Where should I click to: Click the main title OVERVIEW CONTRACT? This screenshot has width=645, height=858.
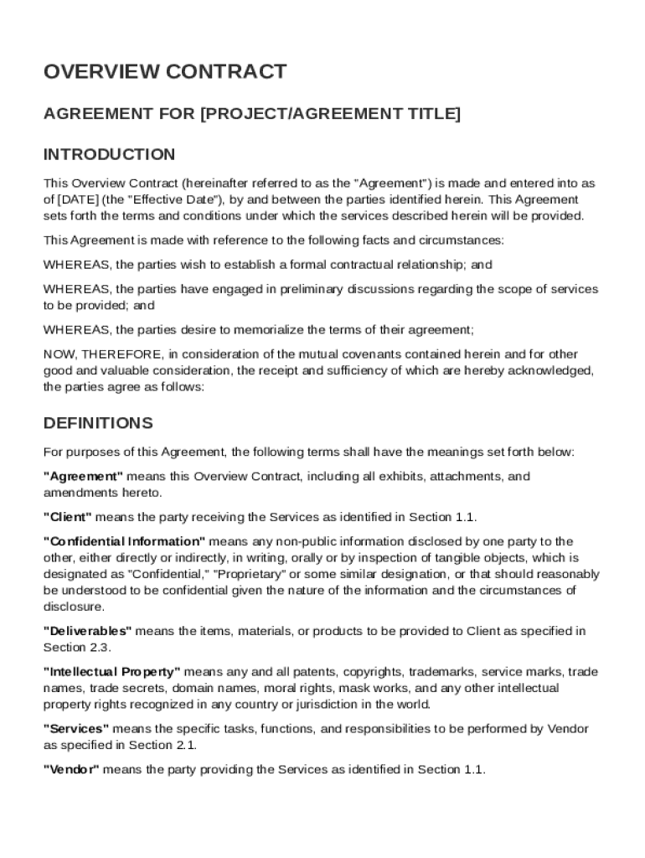(x=165, y=72)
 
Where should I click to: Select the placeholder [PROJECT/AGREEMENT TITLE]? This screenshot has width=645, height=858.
(x=330, y=113)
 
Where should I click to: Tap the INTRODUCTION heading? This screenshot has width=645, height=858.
(x=109, y=154)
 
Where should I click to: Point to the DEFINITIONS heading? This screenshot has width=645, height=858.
(x=98, y=422)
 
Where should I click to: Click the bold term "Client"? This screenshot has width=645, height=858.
(x=68, y=517)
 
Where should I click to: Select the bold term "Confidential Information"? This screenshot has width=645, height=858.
(x=124, y=541)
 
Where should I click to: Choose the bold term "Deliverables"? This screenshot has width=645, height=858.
(x=87, y=631)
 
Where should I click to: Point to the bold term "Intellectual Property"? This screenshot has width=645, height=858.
(x=111, y=672)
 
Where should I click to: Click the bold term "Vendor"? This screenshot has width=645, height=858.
(x=71, y=770)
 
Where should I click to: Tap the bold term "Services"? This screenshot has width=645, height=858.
(x=76, y=729)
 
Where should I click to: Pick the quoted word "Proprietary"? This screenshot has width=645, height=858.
(x=250, y=574)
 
